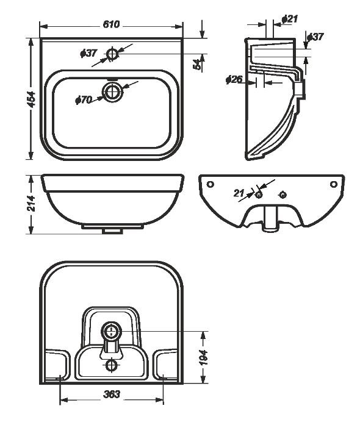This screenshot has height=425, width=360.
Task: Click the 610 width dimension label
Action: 111,24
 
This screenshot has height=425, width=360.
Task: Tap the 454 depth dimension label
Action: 32,99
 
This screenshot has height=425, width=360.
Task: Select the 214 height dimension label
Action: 32,203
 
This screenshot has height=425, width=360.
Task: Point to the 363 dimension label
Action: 112,394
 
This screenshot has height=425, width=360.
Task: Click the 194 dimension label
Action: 203,357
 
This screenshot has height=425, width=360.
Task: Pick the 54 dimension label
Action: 198,65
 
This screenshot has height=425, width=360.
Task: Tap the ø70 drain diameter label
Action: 84,100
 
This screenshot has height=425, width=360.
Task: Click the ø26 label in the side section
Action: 234,79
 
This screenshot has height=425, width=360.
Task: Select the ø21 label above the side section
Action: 290,19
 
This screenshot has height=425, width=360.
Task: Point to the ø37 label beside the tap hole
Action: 88,53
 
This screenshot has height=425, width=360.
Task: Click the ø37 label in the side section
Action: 315,37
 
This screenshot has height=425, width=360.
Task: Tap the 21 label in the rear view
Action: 239,193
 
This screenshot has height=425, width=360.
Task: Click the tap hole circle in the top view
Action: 112,54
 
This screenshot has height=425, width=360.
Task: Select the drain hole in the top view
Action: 113,92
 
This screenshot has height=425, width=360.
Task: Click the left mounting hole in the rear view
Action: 211,184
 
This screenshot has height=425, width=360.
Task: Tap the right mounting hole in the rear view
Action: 333,184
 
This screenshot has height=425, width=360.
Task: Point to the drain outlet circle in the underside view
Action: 112,331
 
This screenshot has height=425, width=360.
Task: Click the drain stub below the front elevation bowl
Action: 113,231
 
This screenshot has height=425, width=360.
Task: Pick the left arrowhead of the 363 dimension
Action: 63,399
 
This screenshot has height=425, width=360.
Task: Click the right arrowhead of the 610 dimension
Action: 179,26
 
